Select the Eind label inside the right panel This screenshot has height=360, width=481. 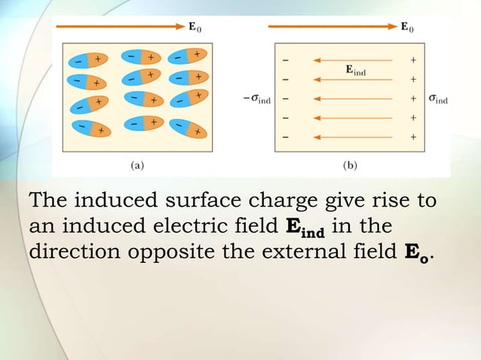[360, 70]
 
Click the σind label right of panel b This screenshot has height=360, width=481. [437, 98]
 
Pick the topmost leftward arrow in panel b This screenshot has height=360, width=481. [352, 59]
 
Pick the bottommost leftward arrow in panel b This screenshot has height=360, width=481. [352, 137]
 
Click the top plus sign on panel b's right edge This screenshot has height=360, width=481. [413, 59]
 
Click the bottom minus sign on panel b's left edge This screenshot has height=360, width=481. [285, 137]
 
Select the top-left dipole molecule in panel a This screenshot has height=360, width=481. [88, 60]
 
